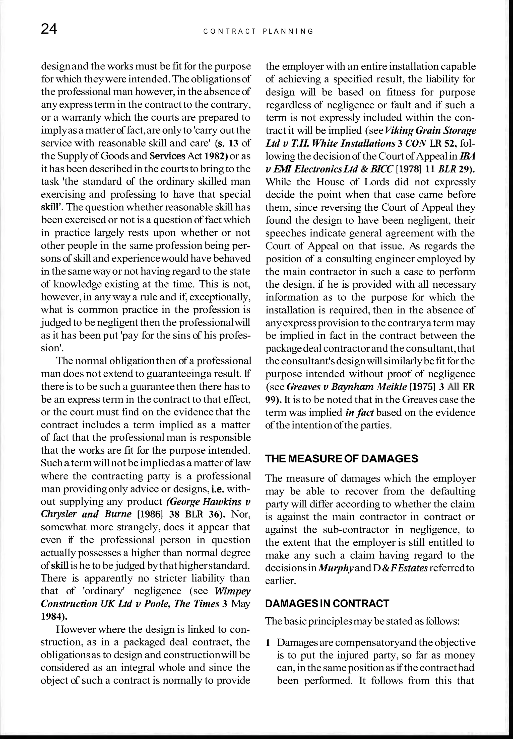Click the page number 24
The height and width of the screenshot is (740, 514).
point(49,30)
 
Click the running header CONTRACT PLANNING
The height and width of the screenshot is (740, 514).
point(258,32)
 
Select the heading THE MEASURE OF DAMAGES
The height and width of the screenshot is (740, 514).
point(341,458)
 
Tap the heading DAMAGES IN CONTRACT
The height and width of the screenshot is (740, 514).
point(327,603)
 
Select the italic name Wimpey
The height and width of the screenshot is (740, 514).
point(232,591)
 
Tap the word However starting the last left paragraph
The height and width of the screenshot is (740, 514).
point(75,629)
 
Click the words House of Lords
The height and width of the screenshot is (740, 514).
point(350,182)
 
